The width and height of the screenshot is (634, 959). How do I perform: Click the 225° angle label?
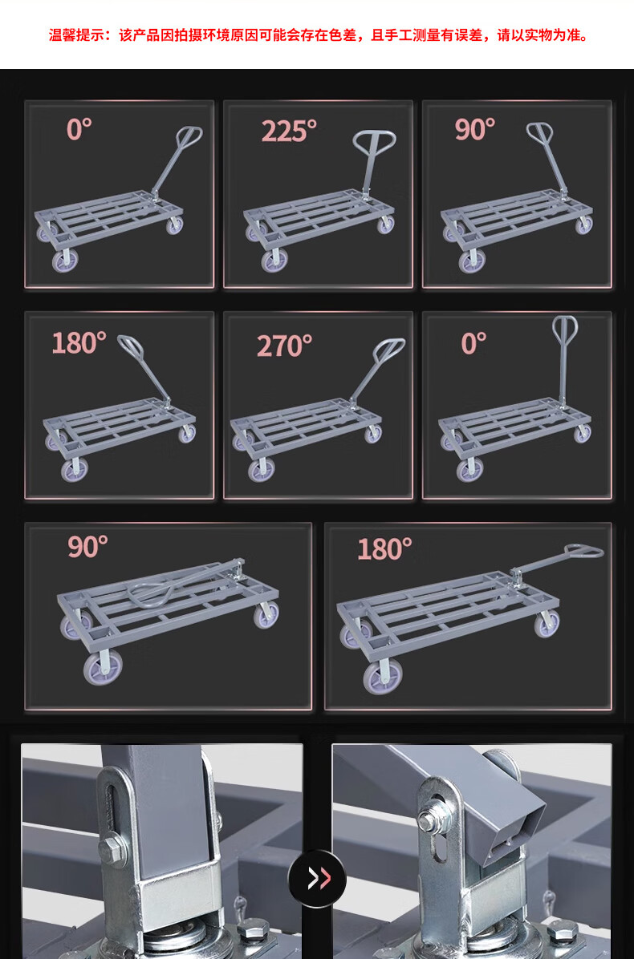[x=290, y=131]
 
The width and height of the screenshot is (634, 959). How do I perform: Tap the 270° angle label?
[x=284, y=346]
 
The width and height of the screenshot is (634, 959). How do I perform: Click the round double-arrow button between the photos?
[x=317, y=878]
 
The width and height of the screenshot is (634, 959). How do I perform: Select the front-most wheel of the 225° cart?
[x=274, y=261]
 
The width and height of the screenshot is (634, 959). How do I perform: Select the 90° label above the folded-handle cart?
[x=87, y=546]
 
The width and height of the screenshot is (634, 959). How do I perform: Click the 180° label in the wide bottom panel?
[x=384, y=548]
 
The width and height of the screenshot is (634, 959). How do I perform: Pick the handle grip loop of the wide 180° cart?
[x=583, y=550]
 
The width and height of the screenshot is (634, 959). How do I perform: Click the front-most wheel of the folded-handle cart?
[x=103, y=668]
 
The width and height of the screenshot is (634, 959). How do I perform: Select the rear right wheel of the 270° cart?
[x=373, y=434]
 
